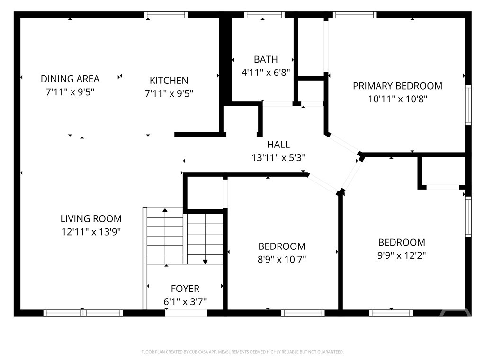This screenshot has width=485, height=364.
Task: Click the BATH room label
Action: [x=266, y=59]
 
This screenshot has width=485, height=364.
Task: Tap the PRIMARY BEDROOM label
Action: [x=397, y=86]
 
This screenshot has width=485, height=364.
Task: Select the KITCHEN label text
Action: [x=169, y=81]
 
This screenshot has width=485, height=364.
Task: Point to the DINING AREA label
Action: [x=70, y=79]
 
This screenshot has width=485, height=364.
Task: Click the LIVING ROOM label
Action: [x=91, y=219]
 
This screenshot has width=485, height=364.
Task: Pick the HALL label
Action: [x=278, y=145]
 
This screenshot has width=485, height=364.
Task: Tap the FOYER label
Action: [x=185, y=289]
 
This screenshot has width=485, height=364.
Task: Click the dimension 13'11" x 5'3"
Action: [x=278, y=158]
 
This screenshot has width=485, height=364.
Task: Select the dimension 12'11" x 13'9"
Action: [x=91, y=232]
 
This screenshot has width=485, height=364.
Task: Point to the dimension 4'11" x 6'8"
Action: [x=266, y=73]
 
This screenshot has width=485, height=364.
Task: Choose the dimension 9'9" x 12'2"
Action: [x=402, y=255]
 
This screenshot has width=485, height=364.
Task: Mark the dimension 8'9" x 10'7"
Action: [x=282, y=259]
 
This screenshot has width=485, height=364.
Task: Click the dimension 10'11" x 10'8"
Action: [x=397, y=99]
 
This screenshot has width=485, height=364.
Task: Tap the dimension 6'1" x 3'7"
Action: [x=185, y=301]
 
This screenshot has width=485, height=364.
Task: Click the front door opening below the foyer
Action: [x=186, y=313]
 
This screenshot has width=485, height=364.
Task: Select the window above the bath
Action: [x=264, y=15]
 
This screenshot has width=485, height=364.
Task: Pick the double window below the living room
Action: [x=83, y=313]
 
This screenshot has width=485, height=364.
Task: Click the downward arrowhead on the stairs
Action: [x=205, y=262]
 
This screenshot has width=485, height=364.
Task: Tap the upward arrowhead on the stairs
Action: [x=165, y=210]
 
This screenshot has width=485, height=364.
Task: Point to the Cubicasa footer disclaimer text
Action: [x=242, y=352]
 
